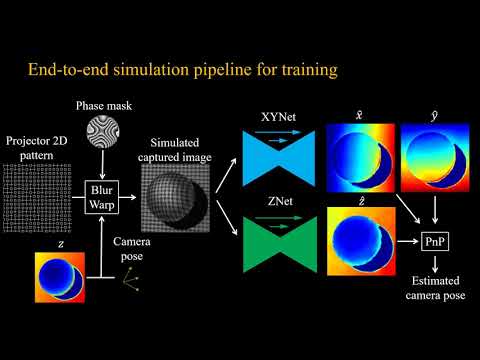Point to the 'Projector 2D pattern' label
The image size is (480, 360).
tap(41, 150)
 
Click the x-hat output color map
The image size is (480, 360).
tap(357, 153)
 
